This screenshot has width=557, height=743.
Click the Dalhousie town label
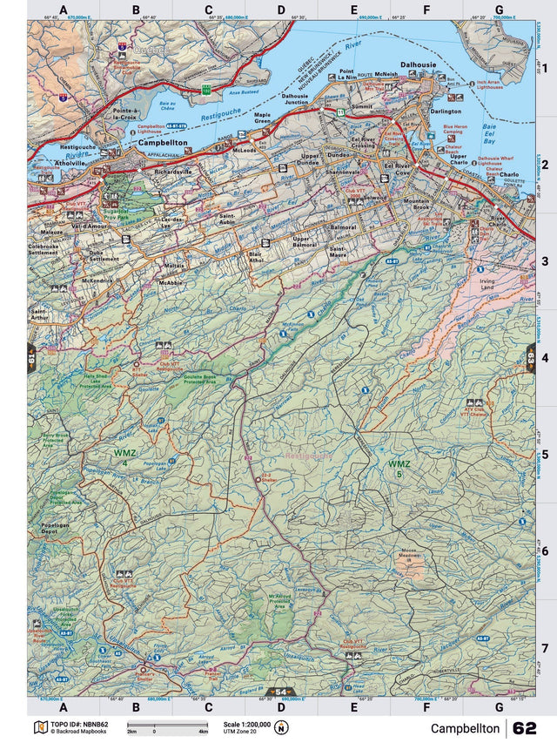point(417,64)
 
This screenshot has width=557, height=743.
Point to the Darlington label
point(444,111)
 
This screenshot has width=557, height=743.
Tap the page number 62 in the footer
point(525,728)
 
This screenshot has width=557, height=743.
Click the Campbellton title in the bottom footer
point(465,728)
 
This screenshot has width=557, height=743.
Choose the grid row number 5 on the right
point(544,454)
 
